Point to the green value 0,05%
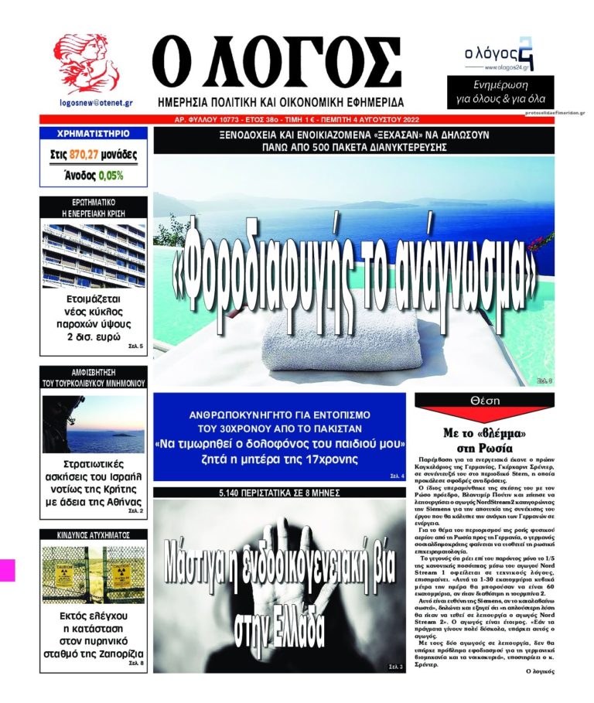click(110, 175)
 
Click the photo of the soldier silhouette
click(93, 424)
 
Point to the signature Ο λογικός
click(538, 671)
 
